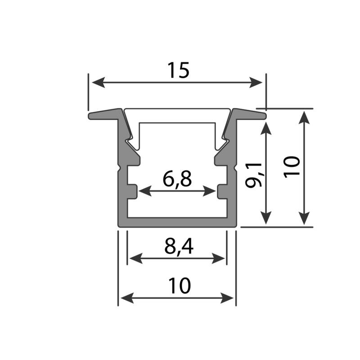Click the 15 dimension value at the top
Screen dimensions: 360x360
(178, 70)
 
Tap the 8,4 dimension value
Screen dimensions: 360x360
(179, 246)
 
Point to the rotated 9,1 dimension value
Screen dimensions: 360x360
(253, 175)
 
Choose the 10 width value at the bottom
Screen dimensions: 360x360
(179, 286)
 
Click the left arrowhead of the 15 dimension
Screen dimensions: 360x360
(99, 82)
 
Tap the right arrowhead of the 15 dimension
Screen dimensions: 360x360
(256, 82)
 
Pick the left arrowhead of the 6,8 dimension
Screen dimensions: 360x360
(145, 191)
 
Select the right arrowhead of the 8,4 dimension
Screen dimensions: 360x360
(218, 258)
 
